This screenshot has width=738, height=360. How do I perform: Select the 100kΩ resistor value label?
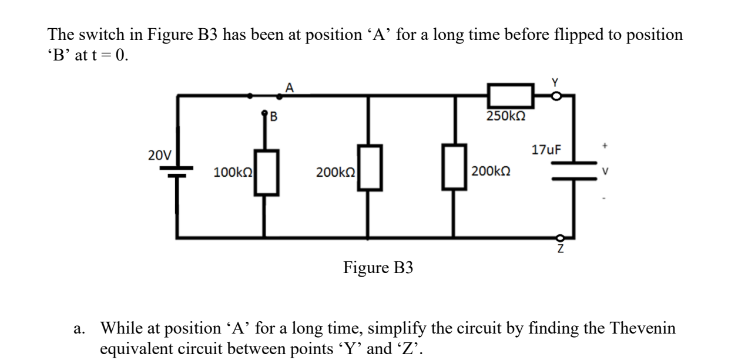click(x=233, y=173)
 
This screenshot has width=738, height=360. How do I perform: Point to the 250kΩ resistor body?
click(x=510, y=95)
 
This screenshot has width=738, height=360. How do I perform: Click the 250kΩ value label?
click(x=506, y=116)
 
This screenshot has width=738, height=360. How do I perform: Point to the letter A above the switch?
click(x=289, y=87)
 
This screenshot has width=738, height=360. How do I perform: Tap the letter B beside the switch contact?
click(x=273, y=116)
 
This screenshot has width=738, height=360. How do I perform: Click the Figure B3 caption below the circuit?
click(x=378, y=268)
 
